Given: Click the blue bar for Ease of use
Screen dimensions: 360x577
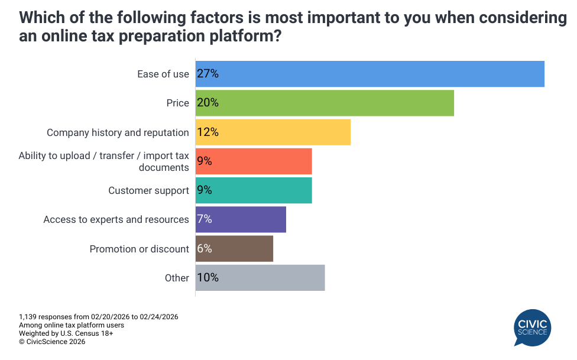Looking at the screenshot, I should point(369,74).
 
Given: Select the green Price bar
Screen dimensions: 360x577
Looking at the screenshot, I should point(325,103).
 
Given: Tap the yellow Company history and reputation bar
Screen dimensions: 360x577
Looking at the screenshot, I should point(273,132).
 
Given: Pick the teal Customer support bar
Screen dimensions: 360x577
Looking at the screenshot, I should point(254,190).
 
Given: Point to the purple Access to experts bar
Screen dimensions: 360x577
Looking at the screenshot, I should point(241,219).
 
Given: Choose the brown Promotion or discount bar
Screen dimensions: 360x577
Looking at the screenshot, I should point(234,249).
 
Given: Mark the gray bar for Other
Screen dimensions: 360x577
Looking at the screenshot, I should point(260,278).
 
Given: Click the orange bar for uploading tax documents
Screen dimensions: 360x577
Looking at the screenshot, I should point(254,161).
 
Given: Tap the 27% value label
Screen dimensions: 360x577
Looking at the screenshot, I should point(208,74).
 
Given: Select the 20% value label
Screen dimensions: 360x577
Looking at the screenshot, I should point(208,103).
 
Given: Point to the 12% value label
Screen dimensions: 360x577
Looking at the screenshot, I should point(208,132).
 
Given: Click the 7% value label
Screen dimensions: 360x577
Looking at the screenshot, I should point(205,219).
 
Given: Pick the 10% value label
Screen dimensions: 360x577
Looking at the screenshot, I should point(208,278).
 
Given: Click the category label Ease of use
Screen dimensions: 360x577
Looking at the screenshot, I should point(163,74).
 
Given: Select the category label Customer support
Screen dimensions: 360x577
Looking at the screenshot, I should point(148,190).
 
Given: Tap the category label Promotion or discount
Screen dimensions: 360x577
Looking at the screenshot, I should point(140,249).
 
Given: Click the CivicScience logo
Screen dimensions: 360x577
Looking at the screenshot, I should point(532,328).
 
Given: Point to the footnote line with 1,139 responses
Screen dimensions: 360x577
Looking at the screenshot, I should point(99,317).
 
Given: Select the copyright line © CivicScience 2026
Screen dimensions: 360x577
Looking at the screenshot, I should point(52,342).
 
